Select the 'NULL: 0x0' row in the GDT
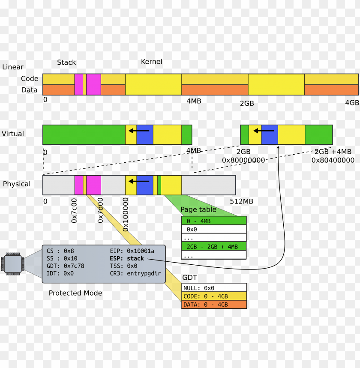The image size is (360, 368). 214,288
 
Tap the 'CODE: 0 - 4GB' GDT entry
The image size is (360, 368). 214,296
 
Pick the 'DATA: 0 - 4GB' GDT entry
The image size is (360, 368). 214,305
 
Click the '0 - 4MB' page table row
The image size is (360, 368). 214,221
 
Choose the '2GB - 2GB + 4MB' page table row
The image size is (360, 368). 214,247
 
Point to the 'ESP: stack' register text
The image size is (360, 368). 127,258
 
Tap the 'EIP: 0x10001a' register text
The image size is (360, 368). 132,251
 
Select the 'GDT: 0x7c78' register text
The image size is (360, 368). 65,266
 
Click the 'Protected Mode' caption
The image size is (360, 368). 75,293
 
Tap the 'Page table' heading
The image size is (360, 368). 198,209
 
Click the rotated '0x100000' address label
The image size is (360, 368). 126,214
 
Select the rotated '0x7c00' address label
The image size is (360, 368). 74,210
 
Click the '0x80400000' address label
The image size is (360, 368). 333,160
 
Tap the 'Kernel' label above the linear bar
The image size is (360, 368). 152,62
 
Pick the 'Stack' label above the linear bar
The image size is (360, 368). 66,63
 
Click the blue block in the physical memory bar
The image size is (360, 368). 144,185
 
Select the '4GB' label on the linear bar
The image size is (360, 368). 352,103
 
